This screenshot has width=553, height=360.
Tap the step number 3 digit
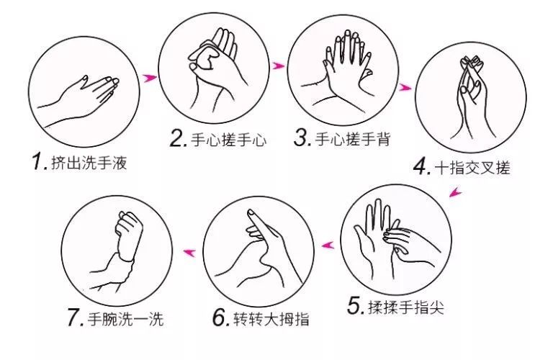pos(302,138)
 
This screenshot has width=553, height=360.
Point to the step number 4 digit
pos(421,167)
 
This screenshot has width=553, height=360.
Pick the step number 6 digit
pos(220,318)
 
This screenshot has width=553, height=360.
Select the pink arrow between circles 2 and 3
pos(278,66)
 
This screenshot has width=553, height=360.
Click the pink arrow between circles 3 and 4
pos(405,87)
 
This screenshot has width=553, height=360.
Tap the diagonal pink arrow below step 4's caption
pos(454,192)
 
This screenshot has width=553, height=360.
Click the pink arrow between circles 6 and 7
pos(191,251)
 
